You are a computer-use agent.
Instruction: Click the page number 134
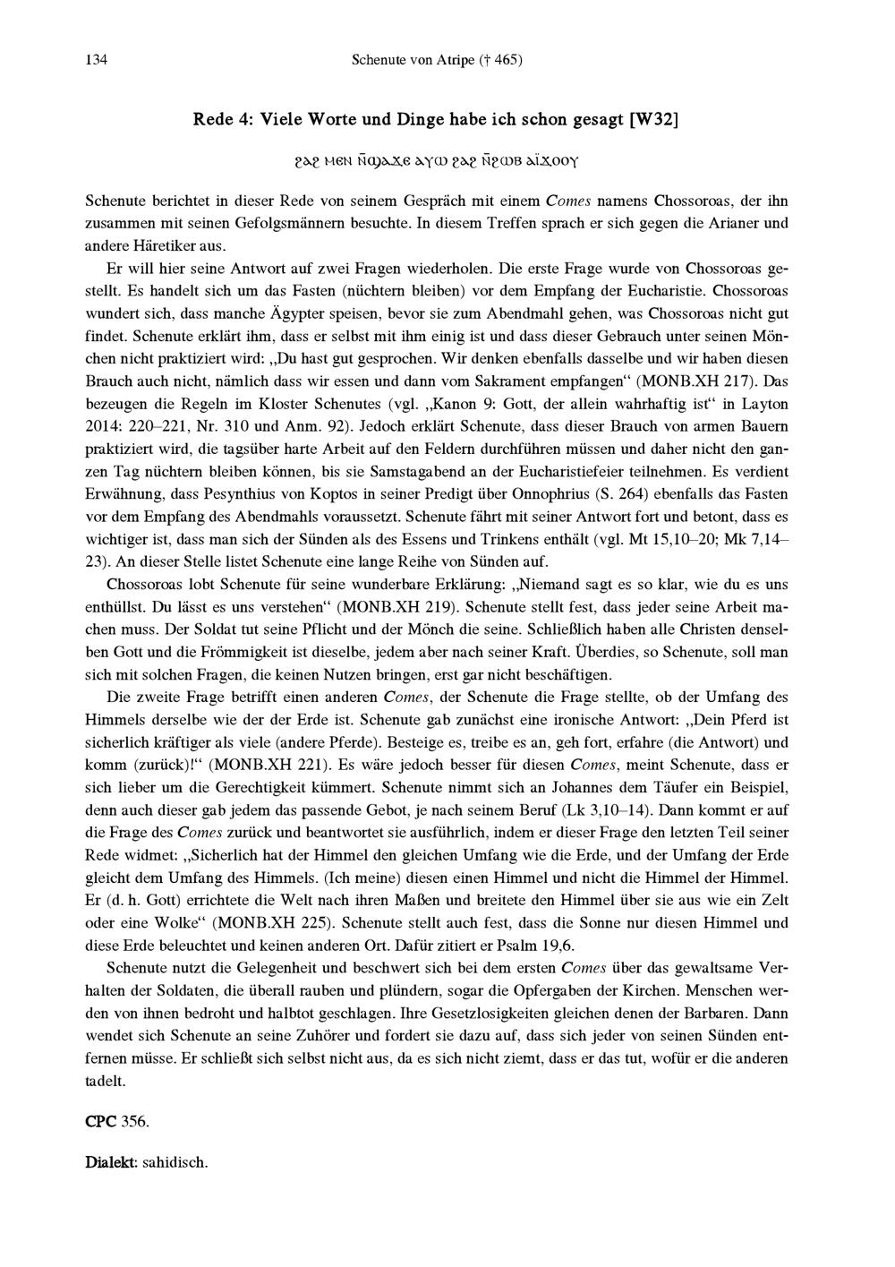97,61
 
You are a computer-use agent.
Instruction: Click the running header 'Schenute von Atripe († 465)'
437,61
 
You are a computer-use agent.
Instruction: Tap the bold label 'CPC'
98,1122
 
